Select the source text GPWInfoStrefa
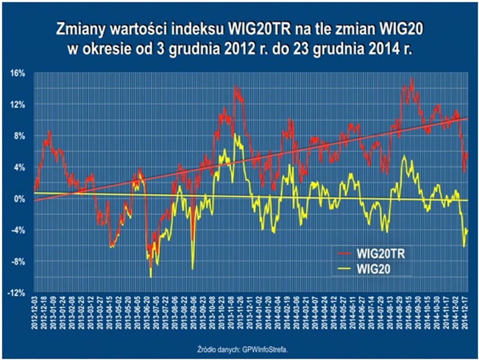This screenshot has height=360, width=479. click(262, 349)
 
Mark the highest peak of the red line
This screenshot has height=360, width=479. click(411, 79)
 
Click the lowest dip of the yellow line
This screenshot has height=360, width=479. click(150, 277)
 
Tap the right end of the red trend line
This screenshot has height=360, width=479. click(468, 118)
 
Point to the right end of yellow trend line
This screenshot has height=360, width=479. click(468, 200)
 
